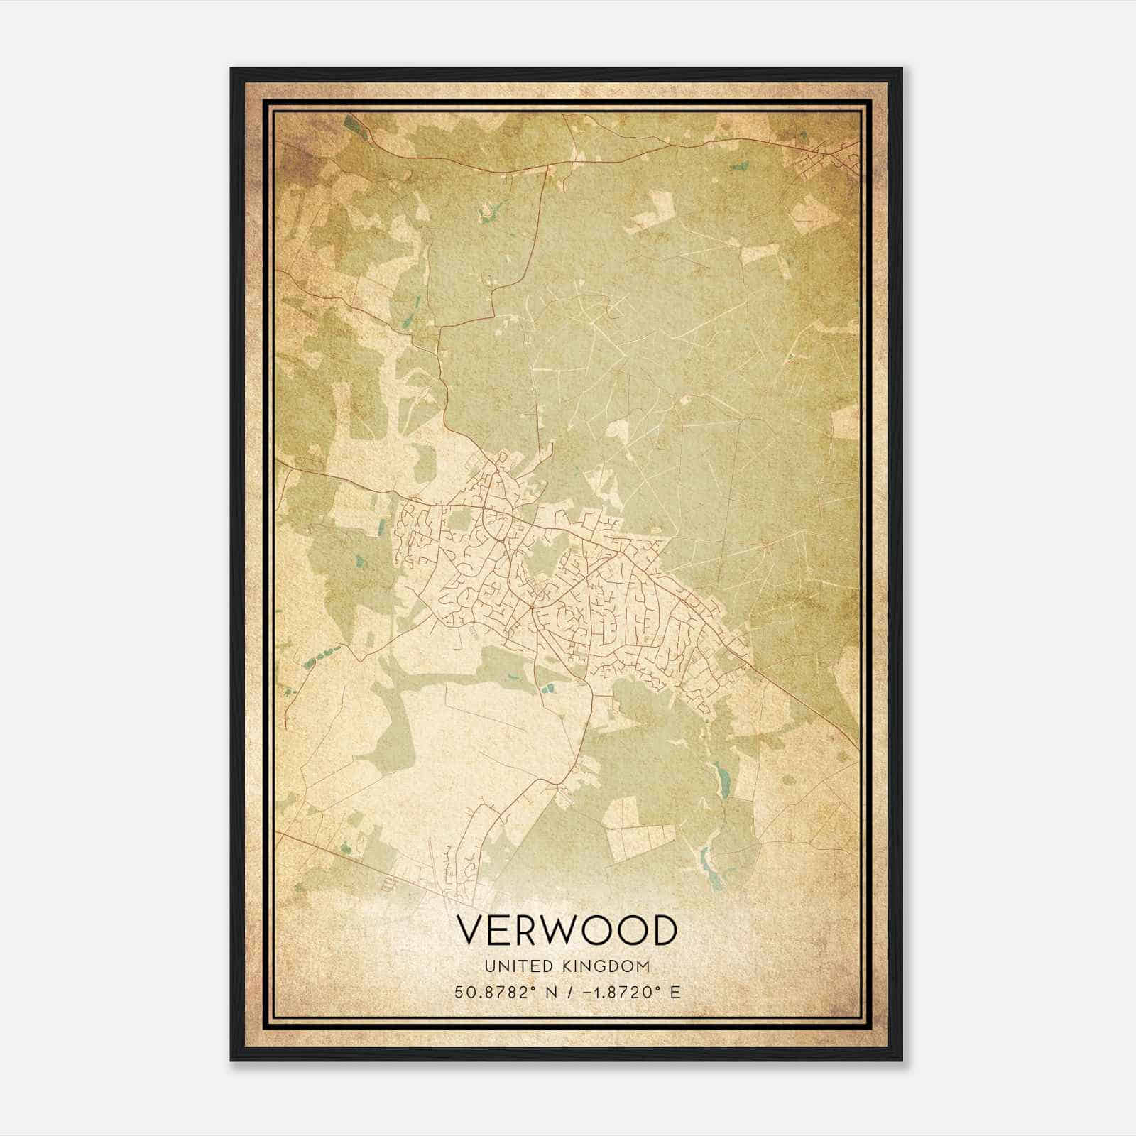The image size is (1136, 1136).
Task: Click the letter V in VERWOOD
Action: [471, 930]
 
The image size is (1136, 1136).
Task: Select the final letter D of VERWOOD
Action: [662, 930]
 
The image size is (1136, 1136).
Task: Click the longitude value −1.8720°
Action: [616, 992]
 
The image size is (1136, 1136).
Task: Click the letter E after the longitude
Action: [675, 992]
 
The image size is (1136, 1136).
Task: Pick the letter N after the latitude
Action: [548, 992]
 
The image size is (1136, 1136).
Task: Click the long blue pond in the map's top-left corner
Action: [352, 125]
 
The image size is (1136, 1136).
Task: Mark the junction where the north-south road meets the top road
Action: [547, 165]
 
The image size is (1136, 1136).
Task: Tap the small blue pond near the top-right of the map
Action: [740, 168]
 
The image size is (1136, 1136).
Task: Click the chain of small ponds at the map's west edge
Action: [319, 657]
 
